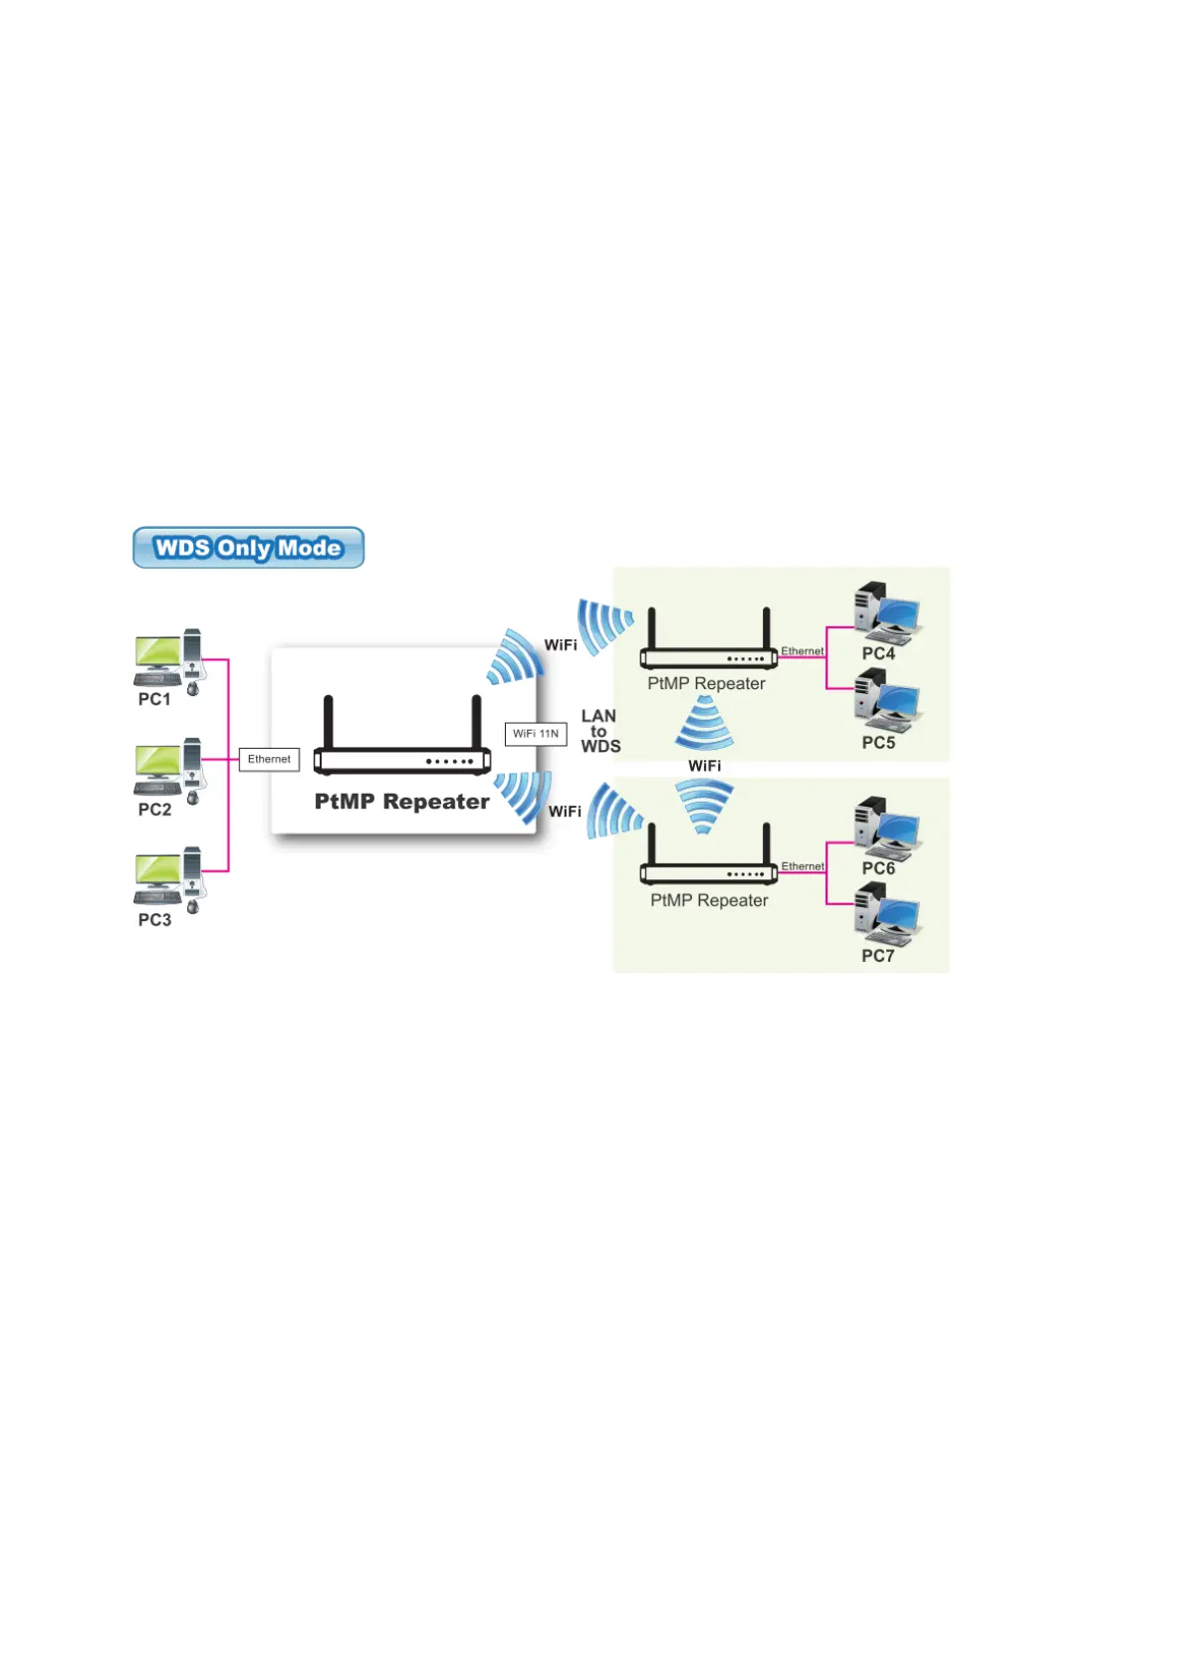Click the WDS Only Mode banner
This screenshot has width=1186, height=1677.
click(x=248, y=548)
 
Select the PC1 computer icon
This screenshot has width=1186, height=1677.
click(x=169, y=660)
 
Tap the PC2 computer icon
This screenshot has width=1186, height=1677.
click(x=169, y=770)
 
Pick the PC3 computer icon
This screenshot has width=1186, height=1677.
click(x=169, y=879)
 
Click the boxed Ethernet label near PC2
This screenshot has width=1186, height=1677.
click(x=269, y=760)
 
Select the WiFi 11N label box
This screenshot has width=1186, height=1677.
click(x=536, y=734)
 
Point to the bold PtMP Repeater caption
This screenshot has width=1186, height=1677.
click(x=401, y=802)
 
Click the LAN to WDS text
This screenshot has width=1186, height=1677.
click(x=599, y=731)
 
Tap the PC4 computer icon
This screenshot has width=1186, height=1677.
click(x=887, y=612)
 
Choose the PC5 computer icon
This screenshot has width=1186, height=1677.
click(x=887, y=700)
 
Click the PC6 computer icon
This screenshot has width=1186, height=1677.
click(x=887, y=828)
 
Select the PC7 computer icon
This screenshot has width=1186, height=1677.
click(x=887, y=915)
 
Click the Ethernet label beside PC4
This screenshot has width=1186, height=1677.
click(x=802, y=651)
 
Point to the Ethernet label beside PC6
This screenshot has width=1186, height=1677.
click(x=802, y=866)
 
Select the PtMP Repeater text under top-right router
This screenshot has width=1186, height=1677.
click(x=706, y=684)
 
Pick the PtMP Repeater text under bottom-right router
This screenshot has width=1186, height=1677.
click(x=709, y=900)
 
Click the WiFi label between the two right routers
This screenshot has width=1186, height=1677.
click(x=704, y=766)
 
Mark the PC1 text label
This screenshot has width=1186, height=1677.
click(x=154, y=700)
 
